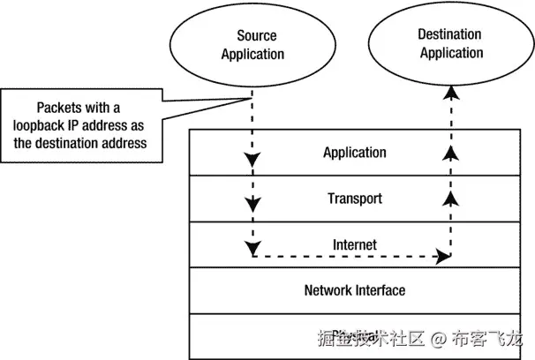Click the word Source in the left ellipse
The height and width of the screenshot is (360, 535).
pos(256,36)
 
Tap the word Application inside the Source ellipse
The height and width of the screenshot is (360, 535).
pos(252,54)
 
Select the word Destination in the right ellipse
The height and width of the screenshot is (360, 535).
pos(449,34)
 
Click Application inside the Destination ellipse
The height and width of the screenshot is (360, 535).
pos(451,53)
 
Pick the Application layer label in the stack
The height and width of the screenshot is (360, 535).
pos(354,153)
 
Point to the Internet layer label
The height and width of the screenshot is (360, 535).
pos(354,244)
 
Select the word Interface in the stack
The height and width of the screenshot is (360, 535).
pos(381,289)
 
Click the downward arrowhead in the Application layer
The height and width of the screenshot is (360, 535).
pos(252,161)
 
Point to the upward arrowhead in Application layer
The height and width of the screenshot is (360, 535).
pos(451,154)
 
